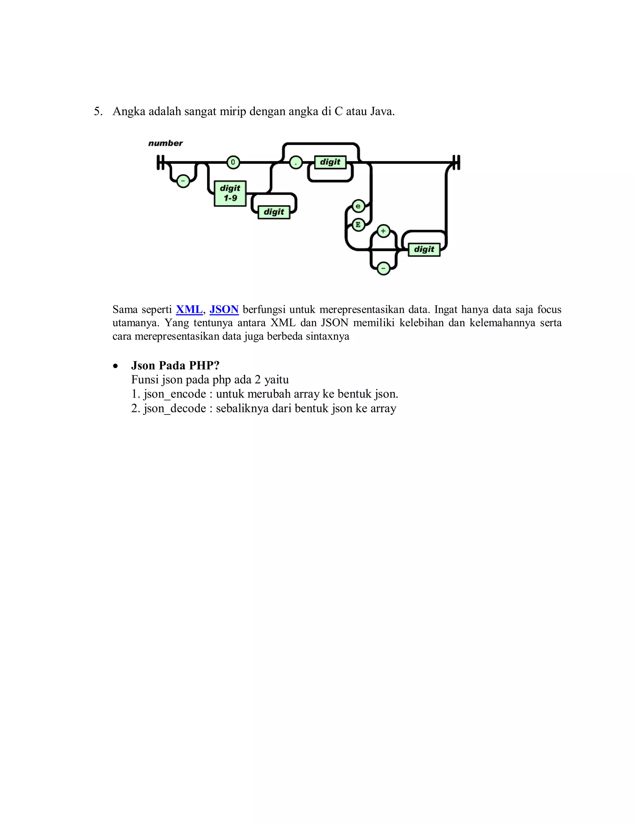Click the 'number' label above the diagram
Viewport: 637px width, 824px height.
(165, 143)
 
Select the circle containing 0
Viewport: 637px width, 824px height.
(233, 163)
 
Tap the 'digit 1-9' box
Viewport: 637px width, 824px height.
(230, 193)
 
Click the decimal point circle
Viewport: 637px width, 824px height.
(296, 163)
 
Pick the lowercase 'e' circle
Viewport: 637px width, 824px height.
(358, 206)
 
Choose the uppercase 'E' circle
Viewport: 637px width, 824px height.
(358, 225)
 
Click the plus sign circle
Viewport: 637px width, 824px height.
(384, 231)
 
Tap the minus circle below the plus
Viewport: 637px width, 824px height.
(384, 268)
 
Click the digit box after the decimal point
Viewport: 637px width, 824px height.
(330, 162)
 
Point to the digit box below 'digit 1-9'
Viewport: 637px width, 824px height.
(274, 212)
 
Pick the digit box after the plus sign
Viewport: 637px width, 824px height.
(424, 249)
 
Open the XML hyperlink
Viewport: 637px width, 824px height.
(189, 310)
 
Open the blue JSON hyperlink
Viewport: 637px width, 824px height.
(224, 310)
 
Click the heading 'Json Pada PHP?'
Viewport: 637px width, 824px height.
(175, 366)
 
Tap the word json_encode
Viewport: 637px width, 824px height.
(175, 394)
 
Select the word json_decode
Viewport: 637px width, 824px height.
(175, 409)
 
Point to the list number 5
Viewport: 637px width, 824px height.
(98, 112)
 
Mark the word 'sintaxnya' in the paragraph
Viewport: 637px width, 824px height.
(327, 336)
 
